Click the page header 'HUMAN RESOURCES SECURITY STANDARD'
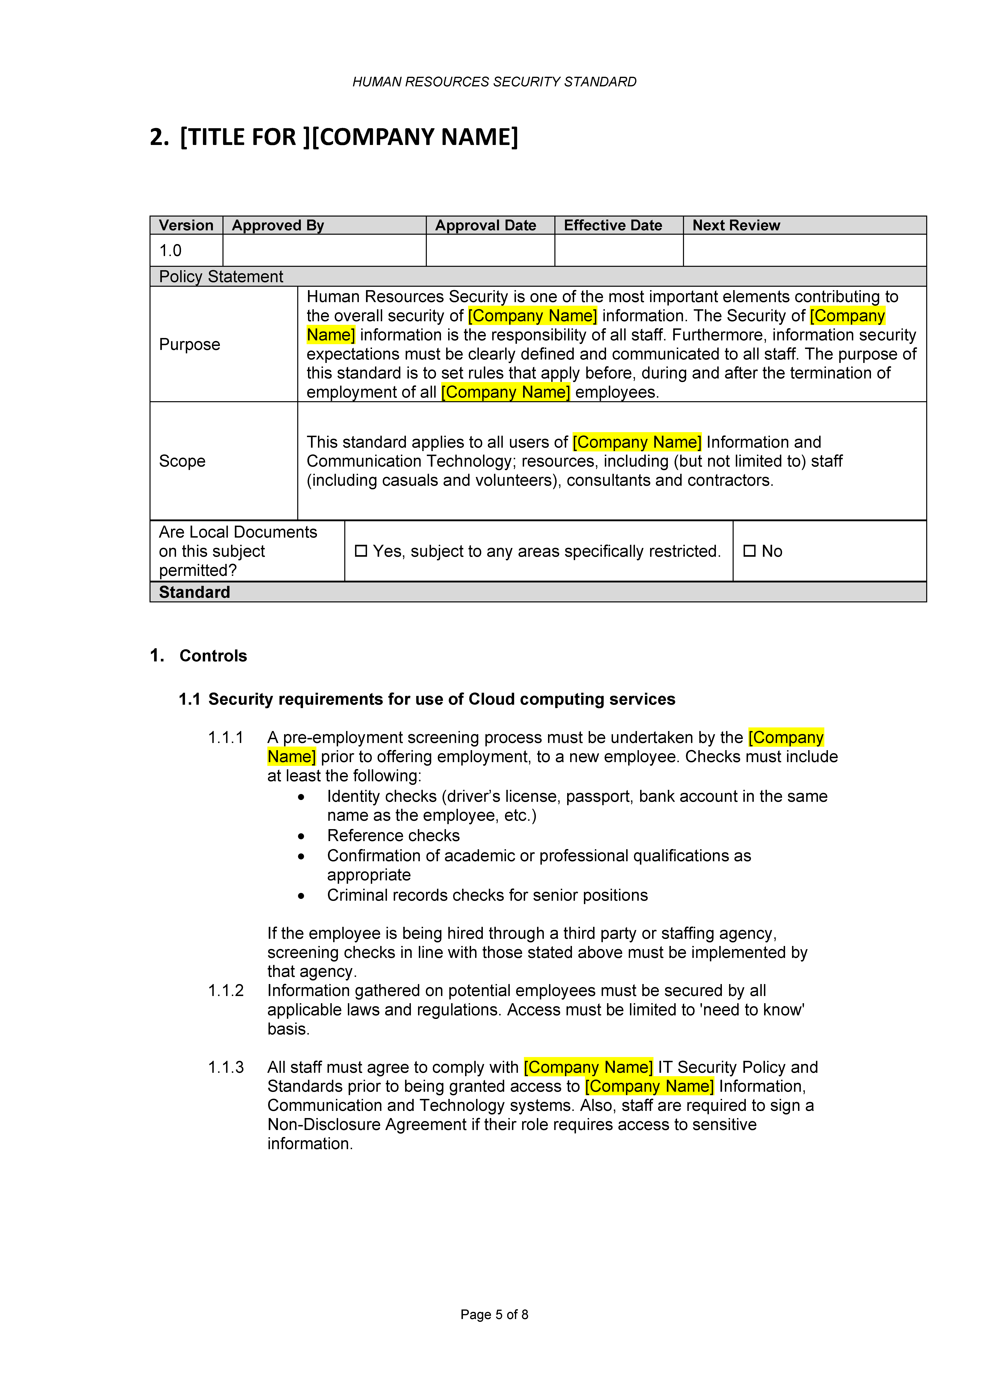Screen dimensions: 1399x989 pyautogui.click(x=494, y=82)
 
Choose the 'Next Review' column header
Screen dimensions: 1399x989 pyautogui.click(x=736, y=226)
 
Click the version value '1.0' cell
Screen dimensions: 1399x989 pyautogui.click(x=171, y=250)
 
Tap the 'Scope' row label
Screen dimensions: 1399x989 pyautogui.click(x=182, y=461)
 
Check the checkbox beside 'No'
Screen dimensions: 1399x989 pyautogui.click(x=750, y=551)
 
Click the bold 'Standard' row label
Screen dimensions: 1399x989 pyautogui.click(x=194, y=592)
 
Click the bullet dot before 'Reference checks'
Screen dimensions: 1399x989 pyautogui.click(x=301, y=836)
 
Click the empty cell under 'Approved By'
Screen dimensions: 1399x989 pyautogui.click(x=324, y=250)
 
